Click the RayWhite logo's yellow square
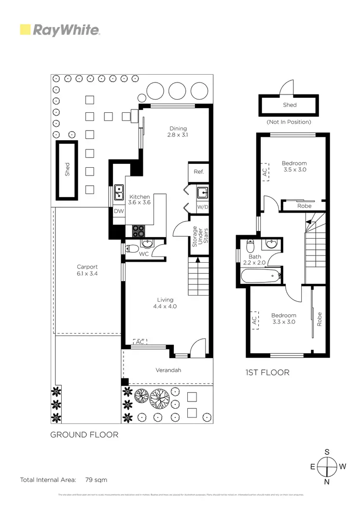[x=25, y=30]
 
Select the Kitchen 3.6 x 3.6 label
[x=139, y=200]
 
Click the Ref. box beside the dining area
[x=199, y=172]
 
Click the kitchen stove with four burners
[x=139, y=231]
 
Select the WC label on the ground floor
[x=143, y=254]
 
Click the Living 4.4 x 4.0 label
[x=165, y=303]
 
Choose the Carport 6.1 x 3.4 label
[x=87, y=270]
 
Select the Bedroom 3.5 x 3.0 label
[x=294, y=166]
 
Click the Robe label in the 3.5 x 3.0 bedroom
[x=304, y=206]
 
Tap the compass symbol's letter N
[x=327, y=482]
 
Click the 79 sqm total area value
[x=96, y=480]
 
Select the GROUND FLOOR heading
[x=84, y=434]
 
